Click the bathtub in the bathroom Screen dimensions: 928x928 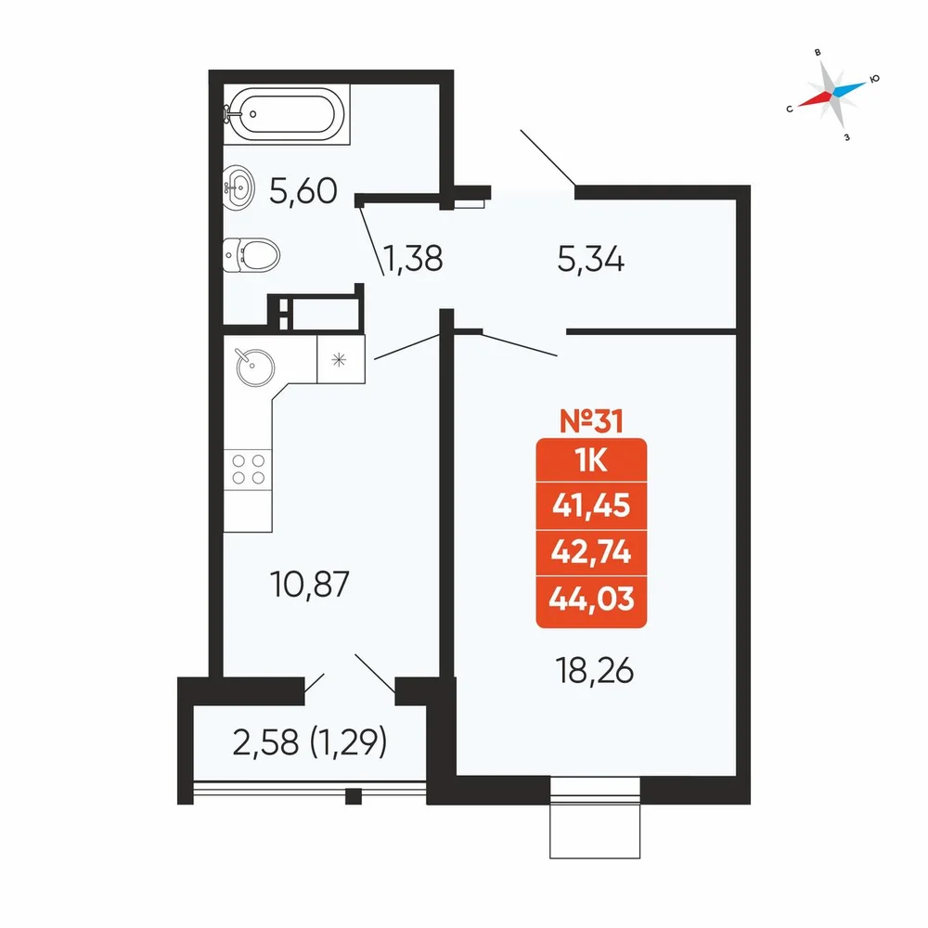point(287,114)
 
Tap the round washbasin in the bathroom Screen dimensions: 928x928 point(238,187)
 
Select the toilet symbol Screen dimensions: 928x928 point(251,255)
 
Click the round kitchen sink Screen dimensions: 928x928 point(255,367)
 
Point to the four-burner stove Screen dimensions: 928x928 point(248,470)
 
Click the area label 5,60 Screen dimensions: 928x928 point(303,191)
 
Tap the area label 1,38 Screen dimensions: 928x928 point(413,259)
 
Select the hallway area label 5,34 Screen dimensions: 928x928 point(590,259)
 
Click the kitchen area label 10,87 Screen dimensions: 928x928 point(310,584)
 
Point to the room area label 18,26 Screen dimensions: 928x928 point(595,671)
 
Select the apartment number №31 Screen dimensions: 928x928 point(591,420)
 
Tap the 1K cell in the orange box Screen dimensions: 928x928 point(591,460)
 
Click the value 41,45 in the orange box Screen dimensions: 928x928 point(591,506)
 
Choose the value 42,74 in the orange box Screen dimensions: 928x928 point(591,552)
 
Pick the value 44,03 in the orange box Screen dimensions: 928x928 point(591,599)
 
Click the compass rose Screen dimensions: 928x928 point(832,95)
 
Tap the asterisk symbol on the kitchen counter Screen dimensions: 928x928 point(339,359)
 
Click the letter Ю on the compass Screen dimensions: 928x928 point(875,79)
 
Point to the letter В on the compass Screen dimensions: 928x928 point(818,53)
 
